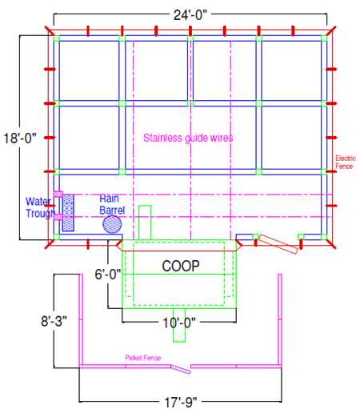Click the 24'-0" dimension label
click(190, 15)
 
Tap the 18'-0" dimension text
click(20, 138)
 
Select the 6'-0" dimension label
click(108, 274)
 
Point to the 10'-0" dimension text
click(179, 323)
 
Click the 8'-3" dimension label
click(54, 321)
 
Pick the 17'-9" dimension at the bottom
click(181, 403)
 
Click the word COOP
click(181, 266)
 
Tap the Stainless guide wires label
click(188, 138)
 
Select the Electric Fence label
click(346, 162)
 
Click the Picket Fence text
click(143, 358)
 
